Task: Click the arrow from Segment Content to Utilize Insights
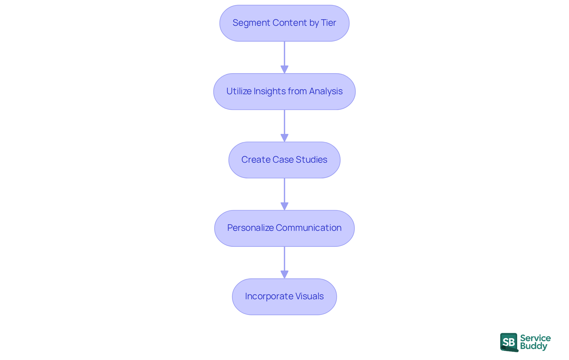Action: tap(284, 57)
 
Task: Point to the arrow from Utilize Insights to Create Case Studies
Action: tap(284, 126)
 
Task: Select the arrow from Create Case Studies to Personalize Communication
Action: tap(284, 194)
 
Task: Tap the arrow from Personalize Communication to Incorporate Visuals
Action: tap(284, 262)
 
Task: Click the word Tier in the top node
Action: tap(328, 23)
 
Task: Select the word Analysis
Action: tap(326, 91)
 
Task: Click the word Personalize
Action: tap(250, 228)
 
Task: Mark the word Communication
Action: tap(309, 228)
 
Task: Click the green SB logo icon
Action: tap(509, 342)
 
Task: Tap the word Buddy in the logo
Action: tap(533, 346)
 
